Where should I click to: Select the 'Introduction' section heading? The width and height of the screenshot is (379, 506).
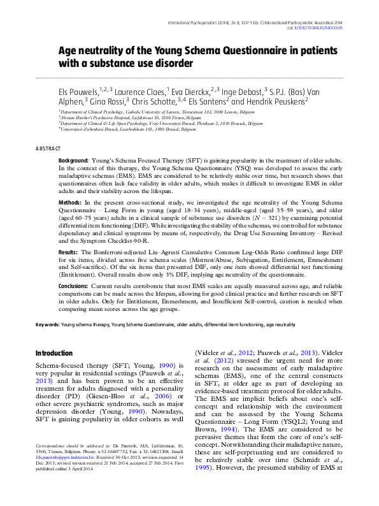[54, 352]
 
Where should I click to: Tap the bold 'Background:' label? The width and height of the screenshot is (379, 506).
[73, 162]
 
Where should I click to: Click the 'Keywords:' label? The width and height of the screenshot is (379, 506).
[47, 324]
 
